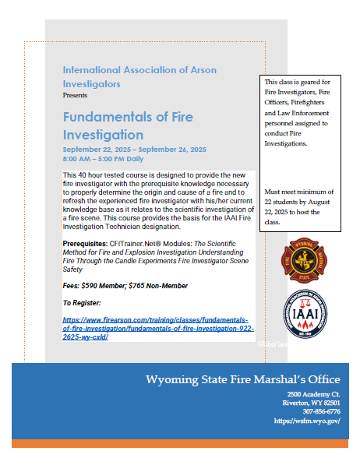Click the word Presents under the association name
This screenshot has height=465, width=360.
(76, 93)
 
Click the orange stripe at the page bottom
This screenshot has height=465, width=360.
(179, 443)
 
